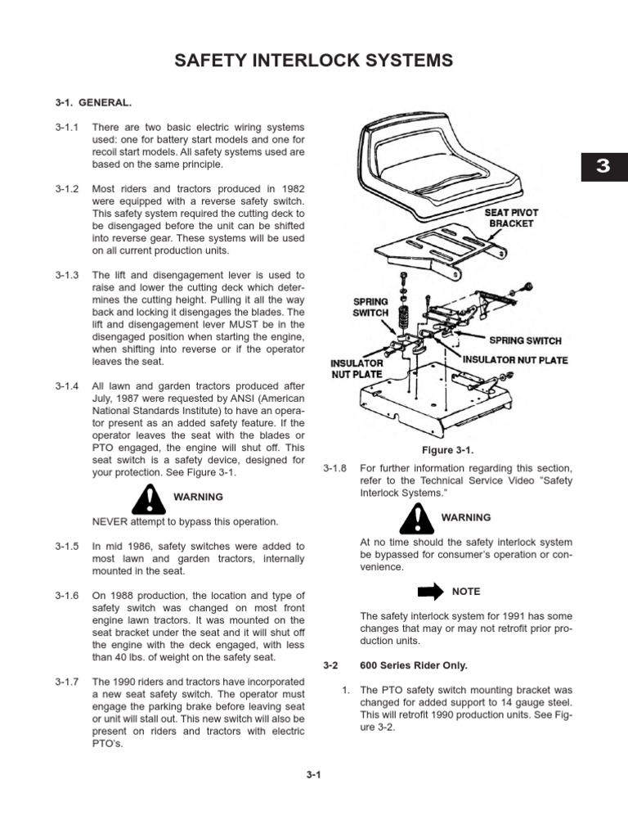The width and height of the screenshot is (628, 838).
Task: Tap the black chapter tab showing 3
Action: (603, 166)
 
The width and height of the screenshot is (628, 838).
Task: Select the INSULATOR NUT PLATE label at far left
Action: (357, 368)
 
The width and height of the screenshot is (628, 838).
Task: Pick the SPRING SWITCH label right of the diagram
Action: (525, 340)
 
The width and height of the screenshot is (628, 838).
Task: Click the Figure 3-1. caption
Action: (447, 450)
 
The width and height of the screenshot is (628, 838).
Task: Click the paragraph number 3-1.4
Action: (66, 386)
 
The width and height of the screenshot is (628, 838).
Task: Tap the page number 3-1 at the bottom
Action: (313, 777)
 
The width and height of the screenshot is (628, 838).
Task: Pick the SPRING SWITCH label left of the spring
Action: (370, 306)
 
